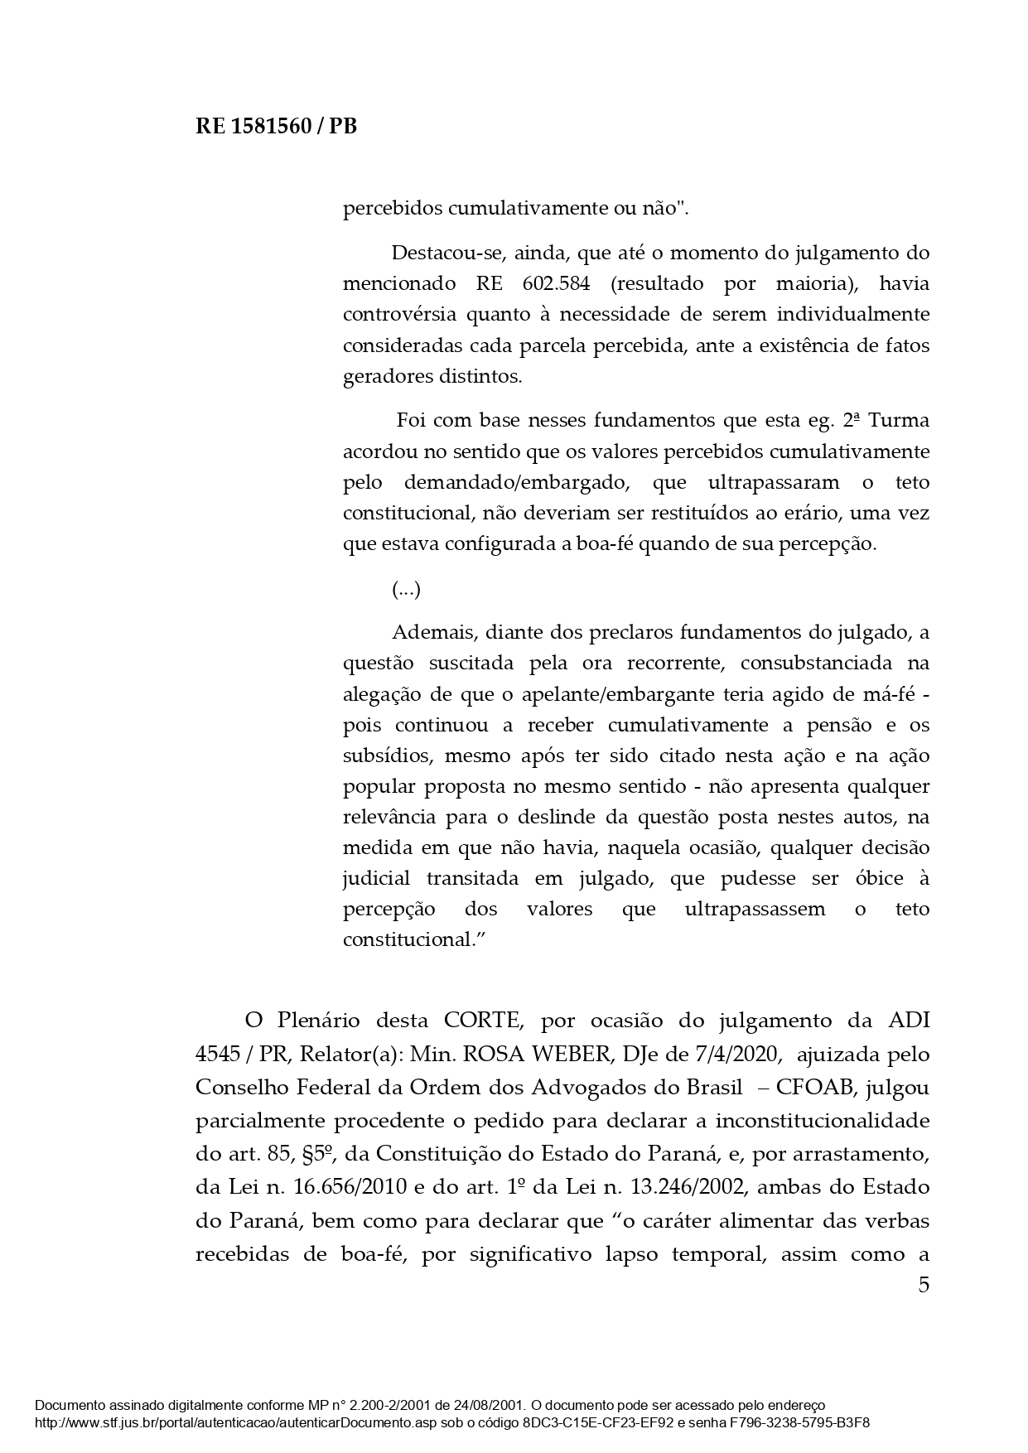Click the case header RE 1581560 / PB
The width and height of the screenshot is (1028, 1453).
276,127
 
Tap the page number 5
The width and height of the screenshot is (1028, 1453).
924,1285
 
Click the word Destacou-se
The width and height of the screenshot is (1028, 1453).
442,253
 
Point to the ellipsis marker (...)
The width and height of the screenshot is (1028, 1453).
406,590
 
